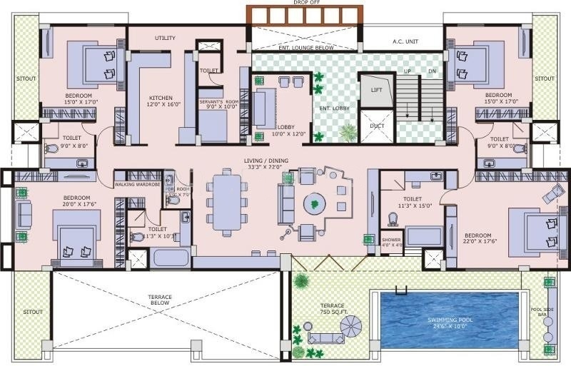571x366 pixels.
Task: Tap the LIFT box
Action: coord(377,90)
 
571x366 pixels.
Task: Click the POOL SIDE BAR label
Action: coord(547,313)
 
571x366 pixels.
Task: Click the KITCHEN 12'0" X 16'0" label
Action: coord(161,101)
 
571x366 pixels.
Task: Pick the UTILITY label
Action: coord(165,38)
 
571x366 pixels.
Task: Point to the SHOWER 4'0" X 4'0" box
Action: coord(391,241)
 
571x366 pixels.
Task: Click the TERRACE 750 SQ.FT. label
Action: coord(332,309)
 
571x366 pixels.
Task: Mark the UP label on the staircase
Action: coord(408,71)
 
